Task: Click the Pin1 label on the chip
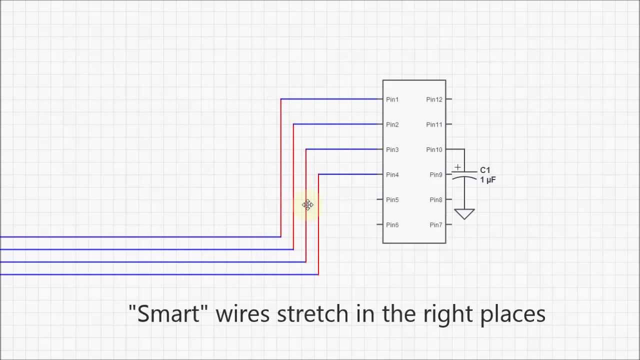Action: click(x=392, y=99)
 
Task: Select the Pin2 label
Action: click(x=392, y=124)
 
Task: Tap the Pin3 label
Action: click(x=392, y=149)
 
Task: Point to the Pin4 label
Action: click(x=392, y=174)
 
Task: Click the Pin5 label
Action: click(x=392, y=199)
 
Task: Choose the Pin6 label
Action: click(x=392, y=224)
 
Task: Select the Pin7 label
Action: click(x=435, y=224)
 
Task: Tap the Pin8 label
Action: click(x=435, y=199)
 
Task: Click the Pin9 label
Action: click(x=435, y=174)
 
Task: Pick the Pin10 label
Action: click(x=434, y=149)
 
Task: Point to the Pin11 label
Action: click(x=434, y=124)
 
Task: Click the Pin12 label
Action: click(x=434, y=99)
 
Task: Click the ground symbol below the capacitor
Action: click(x=464, y=213)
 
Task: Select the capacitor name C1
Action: click(x=485, y=170)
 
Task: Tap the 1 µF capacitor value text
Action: click(x=487, y=179)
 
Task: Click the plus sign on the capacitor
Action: click(x=457, y=167)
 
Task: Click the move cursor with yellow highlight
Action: click(x=307, y=205)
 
